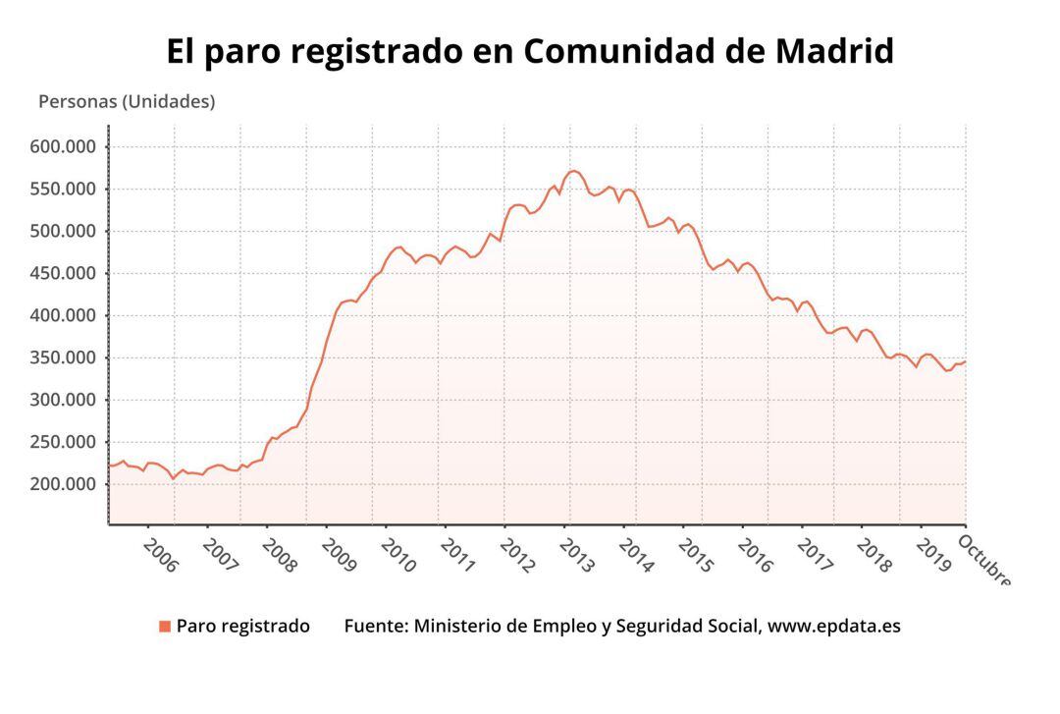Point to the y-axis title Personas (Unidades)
pyautogui.click(x=127, y=101)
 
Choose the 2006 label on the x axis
pyautogui.click(x=160, y=554)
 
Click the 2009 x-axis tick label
pyautogui.click(x=339, y=554)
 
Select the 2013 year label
pyautogui.click(x=577, y=554)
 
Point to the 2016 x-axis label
pyautogui.click(x=756, y=554)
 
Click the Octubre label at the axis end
pyautogui.click(x=983, y=560)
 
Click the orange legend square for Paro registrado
pyautogui.click(x=165, y=627)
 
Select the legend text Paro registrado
pyautogui.click(x=242, y=627)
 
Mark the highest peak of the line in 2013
pyautogui.click(x=573, y=171)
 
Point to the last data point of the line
pyautogui.click(x=965, y=361)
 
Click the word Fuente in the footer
pyautogui.click(x=376, y=627)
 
